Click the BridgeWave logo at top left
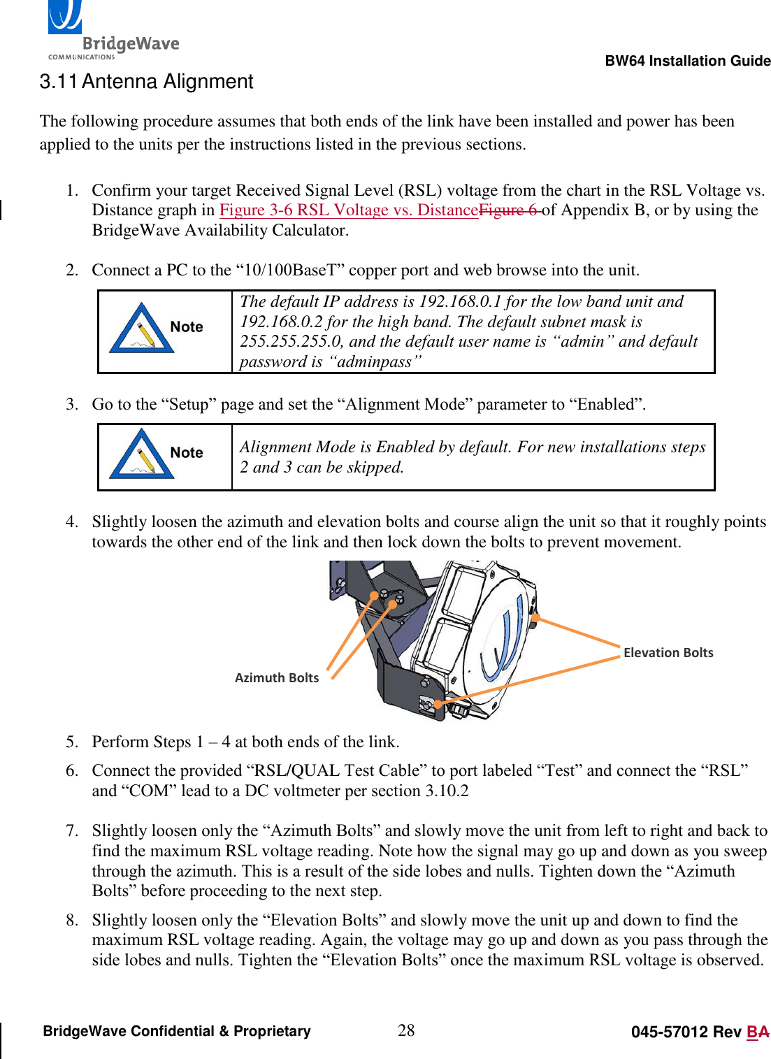[x=112, y=31]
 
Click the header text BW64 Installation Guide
[x=687, y=61]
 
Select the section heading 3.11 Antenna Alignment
[x=146, y=82]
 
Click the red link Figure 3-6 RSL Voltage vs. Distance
[x=348, y=210]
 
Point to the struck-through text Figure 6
[x=509, y=210]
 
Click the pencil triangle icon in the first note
[x=140, y=329]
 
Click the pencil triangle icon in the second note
[x=140, y=454]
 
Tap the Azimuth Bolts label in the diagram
[x=277, y=677]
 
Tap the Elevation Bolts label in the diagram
[x=668, y=652]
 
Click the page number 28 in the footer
[x=406, y=1030]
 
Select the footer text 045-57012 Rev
[x=685, y=1032]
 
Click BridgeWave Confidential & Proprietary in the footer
[x=177, y=1031]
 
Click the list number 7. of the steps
[x=72, y=830]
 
